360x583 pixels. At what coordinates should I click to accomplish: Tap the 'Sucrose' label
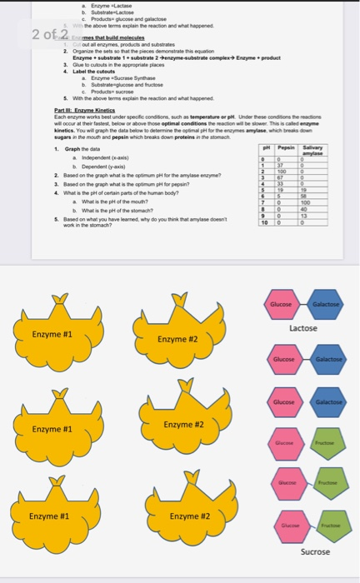(x=314, y=552)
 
